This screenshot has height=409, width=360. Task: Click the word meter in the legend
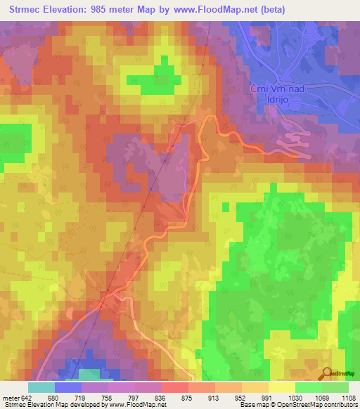point(11,398)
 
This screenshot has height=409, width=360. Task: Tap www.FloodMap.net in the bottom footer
point(137,405)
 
